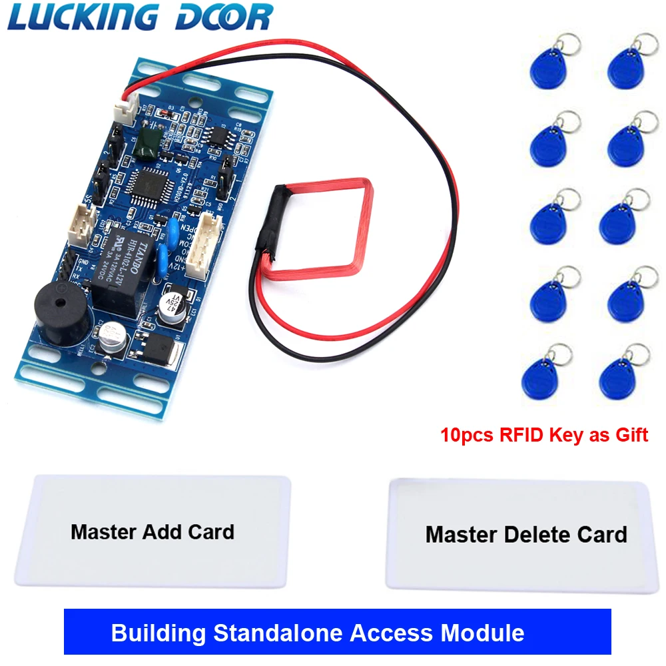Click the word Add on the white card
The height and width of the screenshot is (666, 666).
159,532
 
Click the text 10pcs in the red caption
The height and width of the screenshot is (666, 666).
464,436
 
